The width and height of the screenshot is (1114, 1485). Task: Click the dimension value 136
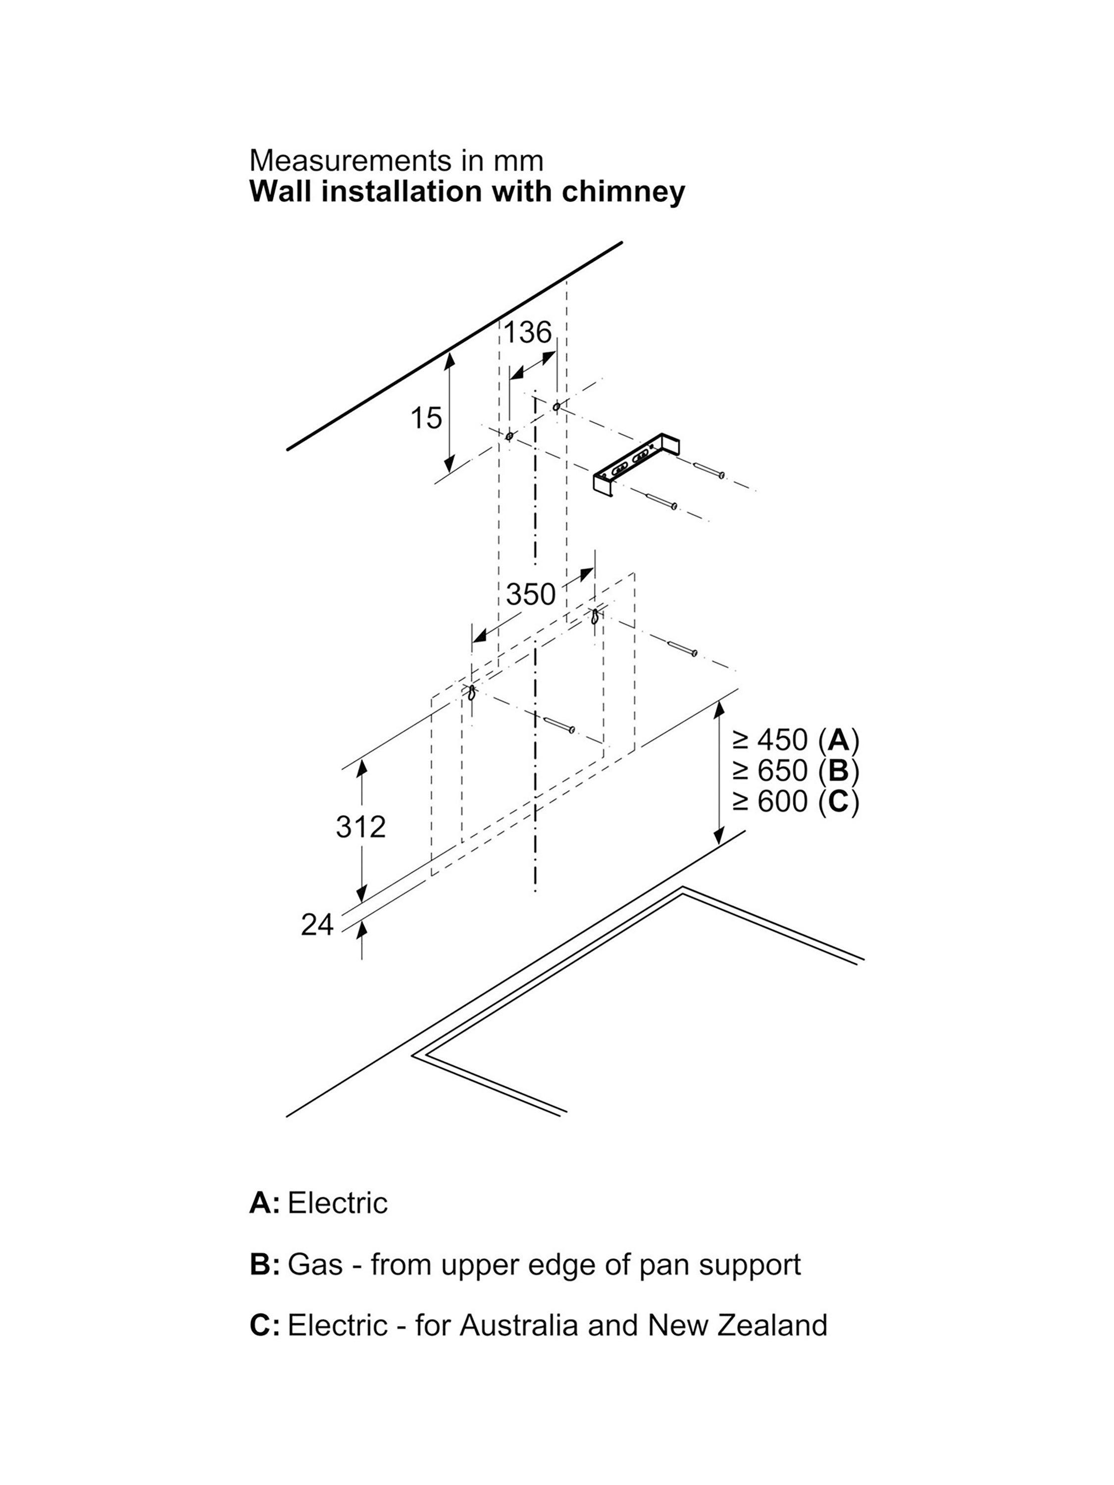point(528,332)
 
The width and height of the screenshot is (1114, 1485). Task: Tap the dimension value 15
point(426,418)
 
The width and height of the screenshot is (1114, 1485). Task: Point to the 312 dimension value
point(361,827)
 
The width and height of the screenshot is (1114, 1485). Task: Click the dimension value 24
point(317,925)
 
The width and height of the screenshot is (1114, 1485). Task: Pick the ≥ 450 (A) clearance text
point(796,740)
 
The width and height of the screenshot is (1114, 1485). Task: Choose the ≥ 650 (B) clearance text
point(796,771)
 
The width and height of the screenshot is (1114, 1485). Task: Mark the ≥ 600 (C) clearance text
point(796,801)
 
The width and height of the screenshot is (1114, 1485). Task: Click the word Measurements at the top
point(350,161)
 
